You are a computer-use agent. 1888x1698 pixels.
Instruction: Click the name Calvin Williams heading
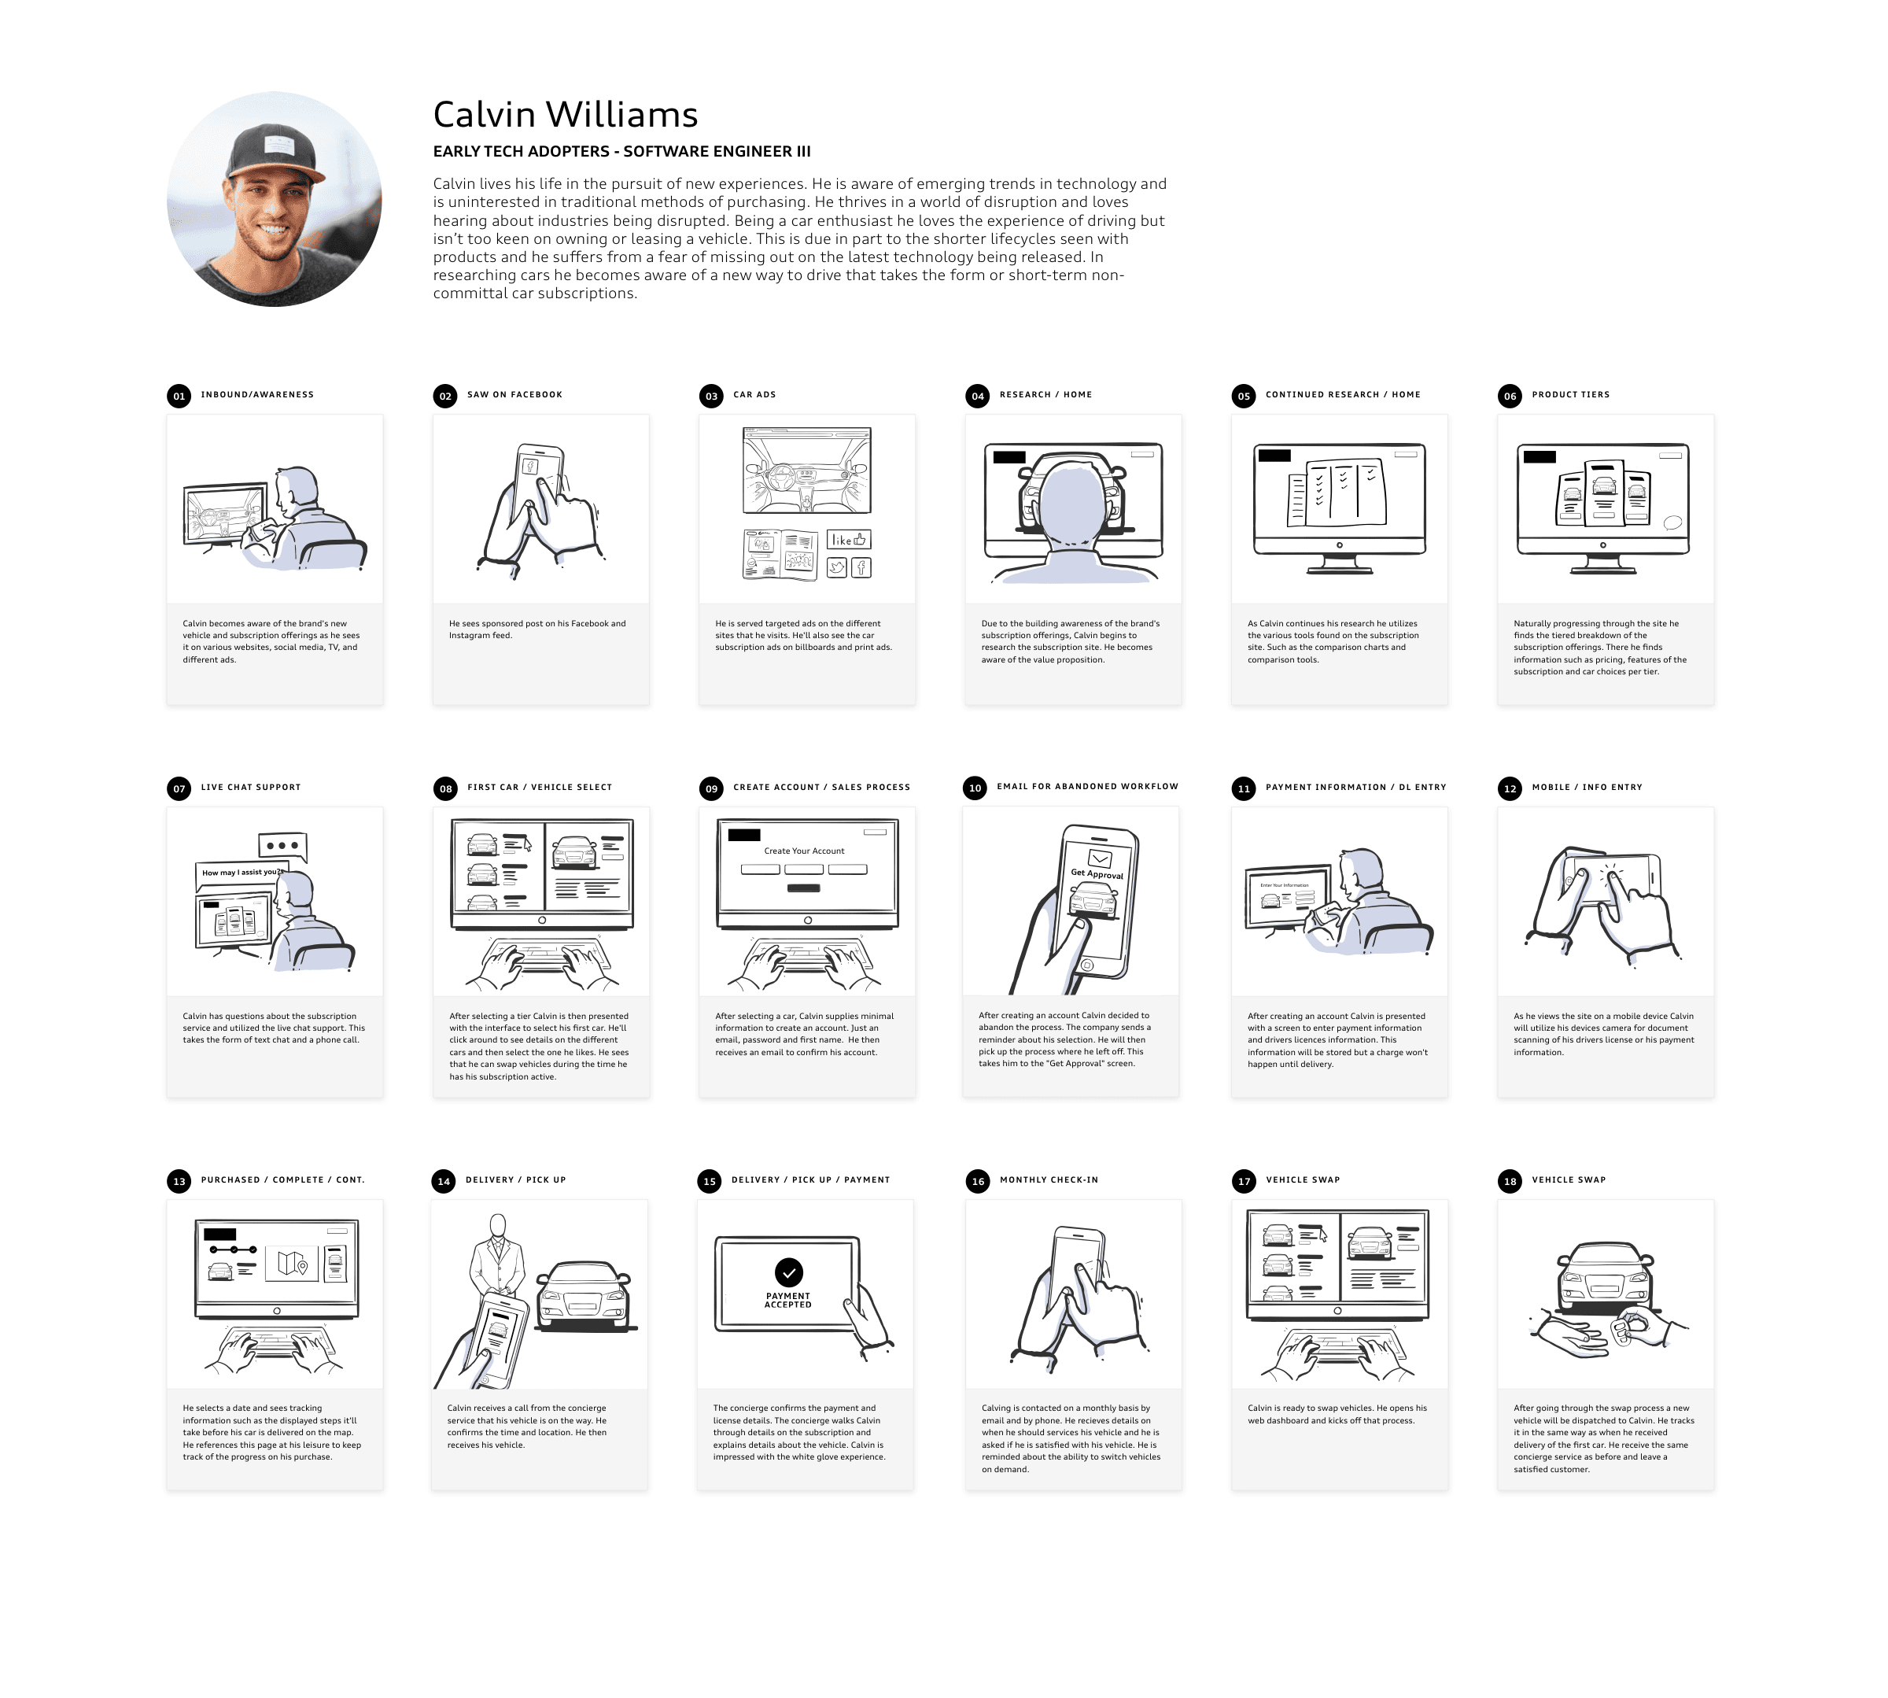[566, 115]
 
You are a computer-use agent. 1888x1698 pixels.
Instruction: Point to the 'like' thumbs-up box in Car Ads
[849, 539]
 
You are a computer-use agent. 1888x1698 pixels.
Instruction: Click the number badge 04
[977, 396]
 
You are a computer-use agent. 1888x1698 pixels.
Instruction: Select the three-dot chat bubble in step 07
[282, 845]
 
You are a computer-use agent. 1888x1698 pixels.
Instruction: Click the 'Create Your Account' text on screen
[804, 851]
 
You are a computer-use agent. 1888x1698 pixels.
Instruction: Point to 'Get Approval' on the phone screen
[1097, 873]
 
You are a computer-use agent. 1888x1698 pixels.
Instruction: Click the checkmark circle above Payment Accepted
[788, 1272]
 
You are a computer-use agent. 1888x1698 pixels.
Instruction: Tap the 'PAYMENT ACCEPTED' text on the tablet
[788, 1300]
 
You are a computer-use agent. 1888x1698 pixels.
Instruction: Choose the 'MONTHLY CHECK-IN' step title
[1049, 1179]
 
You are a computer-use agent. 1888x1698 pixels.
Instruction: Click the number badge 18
[1510, 1181]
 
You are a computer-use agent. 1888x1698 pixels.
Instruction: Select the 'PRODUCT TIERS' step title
[1570, 395]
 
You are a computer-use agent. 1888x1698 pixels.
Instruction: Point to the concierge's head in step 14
[498, 1225]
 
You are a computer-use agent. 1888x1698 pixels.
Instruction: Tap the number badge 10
[975, 788]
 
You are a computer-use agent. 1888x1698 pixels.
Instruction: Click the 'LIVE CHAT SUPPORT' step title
[251, 788]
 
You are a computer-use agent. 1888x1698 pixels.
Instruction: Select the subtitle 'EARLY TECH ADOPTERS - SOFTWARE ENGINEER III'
[621, 151]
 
